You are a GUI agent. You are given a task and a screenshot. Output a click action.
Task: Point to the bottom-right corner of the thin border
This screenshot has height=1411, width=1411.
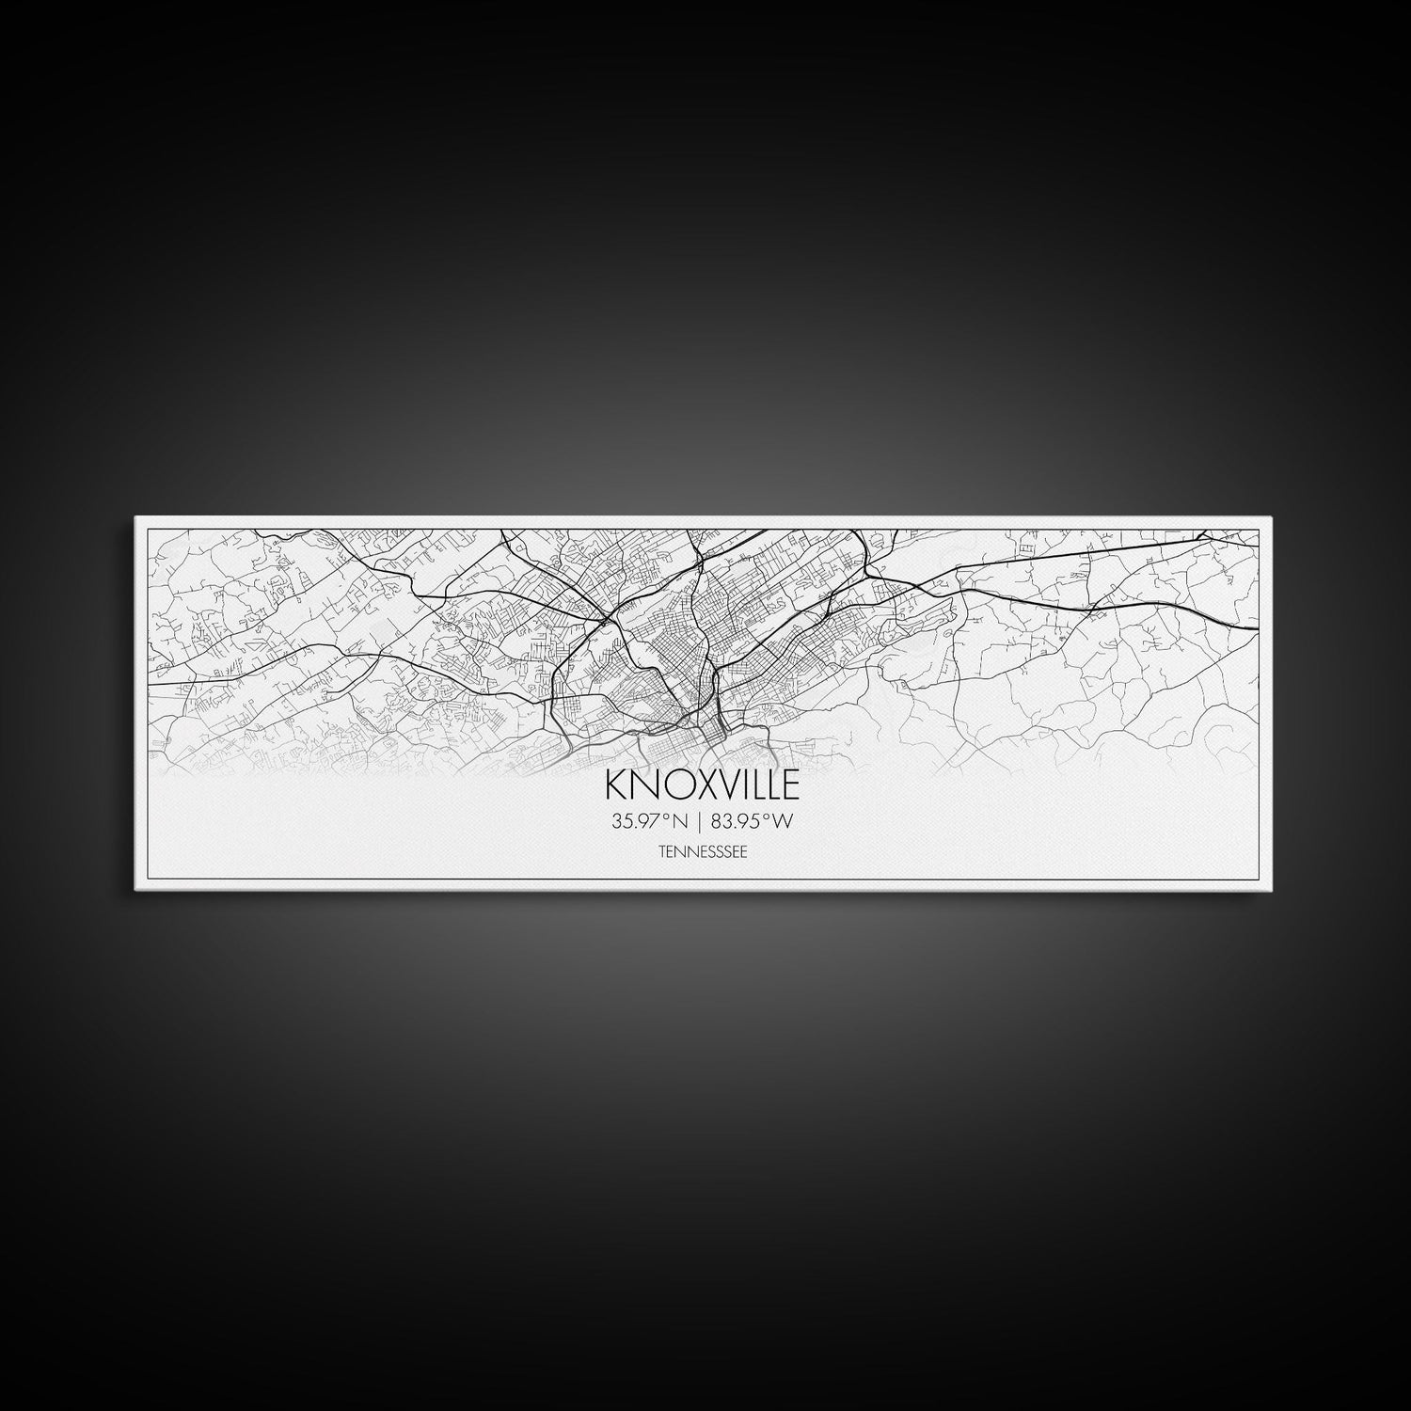point(1259,879)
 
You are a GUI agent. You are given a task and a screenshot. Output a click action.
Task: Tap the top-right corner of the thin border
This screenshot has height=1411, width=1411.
point(1259,530)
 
